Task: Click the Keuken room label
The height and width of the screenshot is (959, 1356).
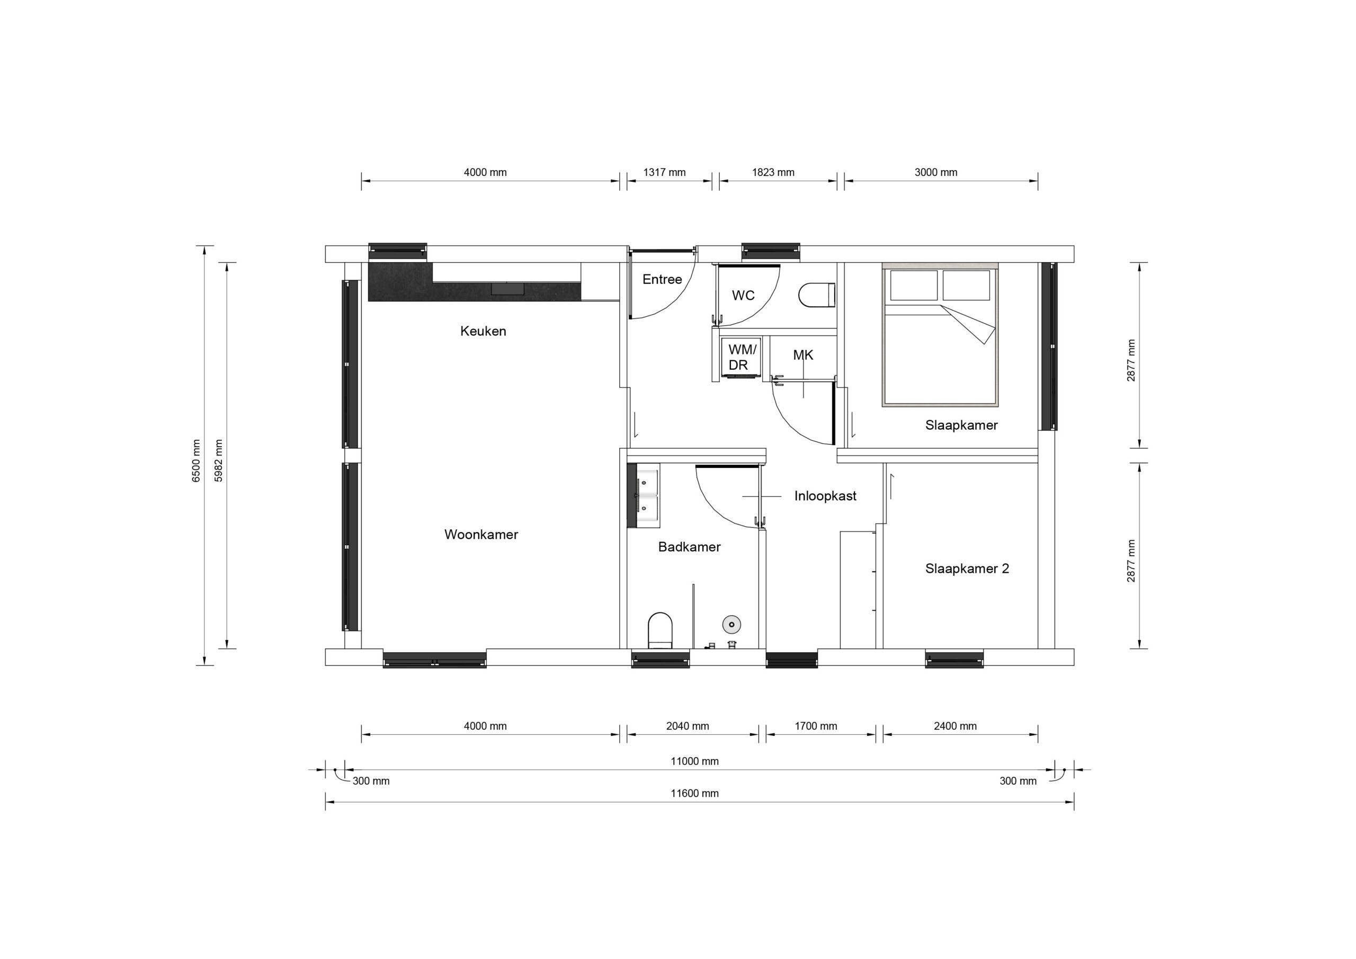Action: [x=483, y=331]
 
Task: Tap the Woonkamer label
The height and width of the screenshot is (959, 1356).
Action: [x=481, y=534]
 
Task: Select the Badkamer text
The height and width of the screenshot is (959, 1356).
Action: [x=689, y=547]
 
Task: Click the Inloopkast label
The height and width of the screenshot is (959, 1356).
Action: [x=825, y=496]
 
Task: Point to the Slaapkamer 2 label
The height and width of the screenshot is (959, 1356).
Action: [x=967, y=569]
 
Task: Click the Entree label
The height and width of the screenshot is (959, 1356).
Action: [x=662, y=279]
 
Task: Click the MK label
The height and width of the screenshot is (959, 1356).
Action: [x=803, y=355]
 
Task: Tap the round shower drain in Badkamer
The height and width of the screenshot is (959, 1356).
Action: [x=731, y=624]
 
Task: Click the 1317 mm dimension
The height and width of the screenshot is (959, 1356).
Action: [x=664, y=173]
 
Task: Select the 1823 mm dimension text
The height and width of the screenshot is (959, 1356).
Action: [x=773, y=173]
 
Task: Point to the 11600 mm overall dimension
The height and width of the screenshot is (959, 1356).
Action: [x=694, y=794]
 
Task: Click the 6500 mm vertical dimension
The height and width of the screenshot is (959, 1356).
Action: [x=197, y=460]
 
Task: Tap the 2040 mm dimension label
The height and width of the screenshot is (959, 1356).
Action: [x=688, y=726]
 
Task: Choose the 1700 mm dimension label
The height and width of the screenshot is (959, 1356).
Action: [x=816, y=726]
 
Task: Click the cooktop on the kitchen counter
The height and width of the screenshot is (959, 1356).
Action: [x=507, y=288]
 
